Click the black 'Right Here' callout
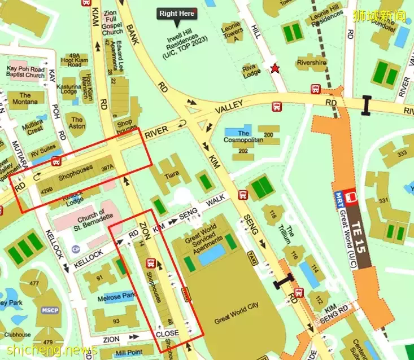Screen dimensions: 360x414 [x=177, y=14]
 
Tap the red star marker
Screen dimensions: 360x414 [x=275, y=69]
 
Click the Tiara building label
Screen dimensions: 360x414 [x=172, y=175]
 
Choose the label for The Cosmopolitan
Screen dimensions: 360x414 [x=243, y=137]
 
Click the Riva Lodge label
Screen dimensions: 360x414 [x=252, y=70]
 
